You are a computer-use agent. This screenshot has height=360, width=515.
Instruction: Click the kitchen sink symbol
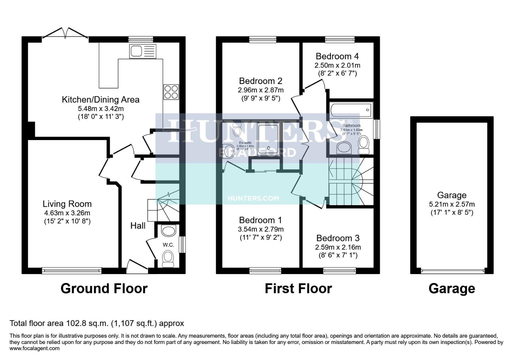click(x=142, y=51)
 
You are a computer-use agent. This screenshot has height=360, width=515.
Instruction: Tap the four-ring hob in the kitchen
click(x=171, y=92)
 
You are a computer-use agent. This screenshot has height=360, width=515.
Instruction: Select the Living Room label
click(x=67, y=204)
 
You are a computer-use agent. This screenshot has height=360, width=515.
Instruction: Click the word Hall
click(x=138, y=226)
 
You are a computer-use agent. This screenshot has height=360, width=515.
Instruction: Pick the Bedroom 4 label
click(x=337, y=56)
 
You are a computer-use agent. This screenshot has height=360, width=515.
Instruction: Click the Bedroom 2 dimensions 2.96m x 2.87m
click(x=261, y=90)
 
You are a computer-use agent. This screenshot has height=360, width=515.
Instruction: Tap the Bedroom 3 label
click(x=338, y=238)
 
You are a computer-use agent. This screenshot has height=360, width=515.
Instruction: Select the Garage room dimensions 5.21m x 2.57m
click(x=452, y=204)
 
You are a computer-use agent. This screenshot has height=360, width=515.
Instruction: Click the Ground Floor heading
click(x=104, y=288)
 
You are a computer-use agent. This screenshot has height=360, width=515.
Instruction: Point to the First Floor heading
click(x=298, y=288)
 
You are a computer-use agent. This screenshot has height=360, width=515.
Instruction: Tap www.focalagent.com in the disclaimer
click(x=35, y=348)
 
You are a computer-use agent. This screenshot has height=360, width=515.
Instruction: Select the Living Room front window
click(x=71, y=270)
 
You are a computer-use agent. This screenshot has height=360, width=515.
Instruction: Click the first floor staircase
click(x=350, y=182)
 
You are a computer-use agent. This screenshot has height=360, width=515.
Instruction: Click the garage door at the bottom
click(x=452, y=271)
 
